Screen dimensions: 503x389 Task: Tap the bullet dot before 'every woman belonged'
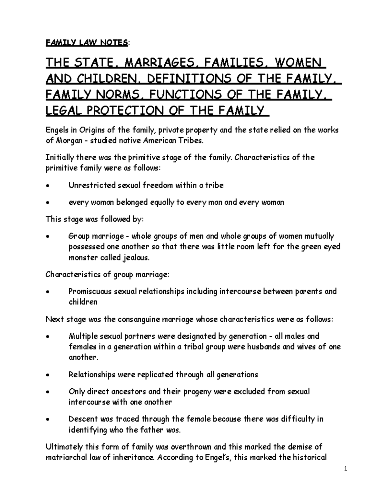(x=48, y=203)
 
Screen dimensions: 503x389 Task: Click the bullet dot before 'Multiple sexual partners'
(x=48, y=337)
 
